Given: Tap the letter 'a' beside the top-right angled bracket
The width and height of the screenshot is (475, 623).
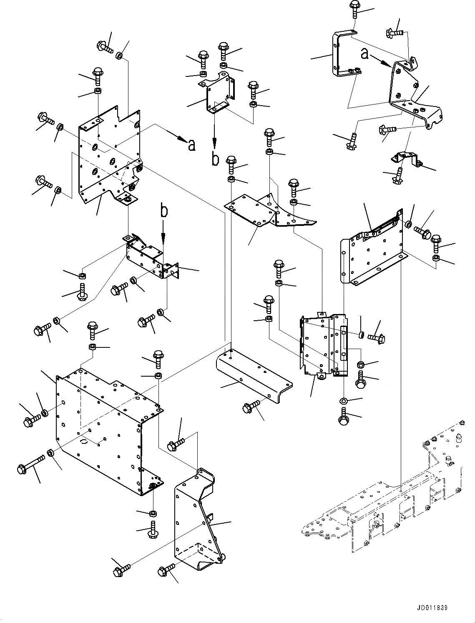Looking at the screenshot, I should click(364, 53).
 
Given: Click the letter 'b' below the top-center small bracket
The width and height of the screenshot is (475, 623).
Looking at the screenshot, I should click(215, 160).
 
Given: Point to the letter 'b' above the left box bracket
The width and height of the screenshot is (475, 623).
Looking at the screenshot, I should click(165, 211).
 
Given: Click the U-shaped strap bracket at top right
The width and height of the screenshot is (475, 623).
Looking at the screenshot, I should click(339, 54).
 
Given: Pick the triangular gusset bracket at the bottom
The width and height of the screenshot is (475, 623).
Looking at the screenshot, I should click(196, 522).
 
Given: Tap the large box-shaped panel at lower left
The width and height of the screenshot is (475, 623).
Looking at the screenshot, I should click(104, 430).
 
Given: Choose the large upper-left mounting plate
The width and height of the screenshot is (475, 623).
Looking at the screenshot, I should click(108, 159).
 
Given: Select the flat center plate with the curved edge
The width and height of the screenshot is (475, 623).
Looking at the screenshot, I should click(267, 211).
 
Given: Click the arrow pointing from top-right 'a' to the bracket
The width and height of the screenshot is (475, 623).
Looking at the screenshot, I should click(381, 61).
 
